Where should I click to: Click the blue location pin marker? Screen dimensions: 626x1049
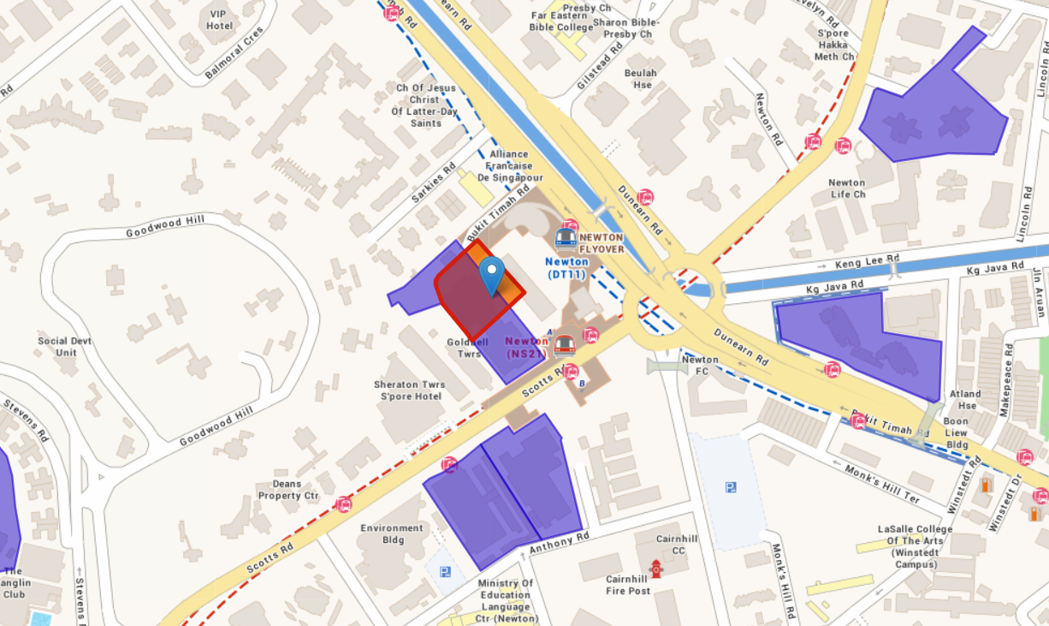[491, 274]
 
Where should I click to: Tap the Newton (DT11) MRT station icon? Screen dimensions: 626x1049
[566, 237]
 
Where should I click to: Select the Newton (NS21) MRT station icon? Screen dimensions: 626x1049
[563, 346]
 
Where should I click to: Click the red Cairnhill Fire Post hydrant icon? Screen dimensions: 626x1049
[656, 568]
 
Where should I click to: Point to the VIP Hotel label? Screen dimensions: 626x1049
[219, 20]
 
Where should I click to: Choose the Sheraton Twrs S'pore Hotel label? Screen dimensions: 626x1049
[411, 391]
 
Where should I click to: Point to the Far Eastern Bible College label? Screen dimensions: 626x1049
[561, 21]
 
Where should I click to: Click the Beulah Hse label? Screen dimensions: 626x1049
[641, 79]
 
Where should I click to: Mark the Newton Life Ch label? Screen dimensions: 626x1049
[846, 188]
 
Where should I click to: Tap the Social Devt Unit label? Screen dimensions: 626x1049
[64, 347]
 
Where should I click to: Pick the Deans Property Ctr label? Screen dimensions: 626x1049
[287, 490]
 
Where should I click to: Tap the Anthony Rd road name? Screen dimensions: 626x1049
[560, 542]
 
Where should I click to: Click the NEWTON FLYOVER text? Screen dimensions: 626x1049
[602, 242]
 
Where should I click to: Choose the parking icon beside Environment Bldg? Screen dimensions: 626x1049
[444, 572]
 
